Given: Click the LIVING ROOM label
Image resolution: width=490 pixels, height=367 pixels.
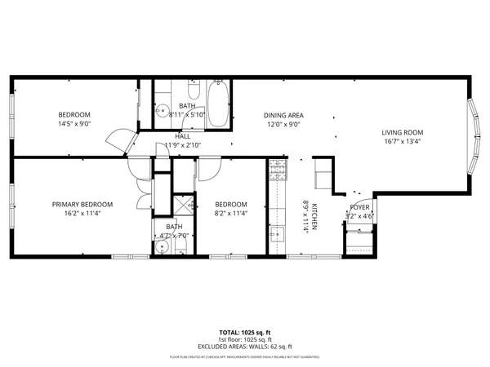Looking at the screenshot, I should [x=403, y=132].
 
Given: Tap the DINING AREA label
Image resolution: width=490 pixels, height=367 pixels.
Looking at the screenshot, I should [x=283, y=116].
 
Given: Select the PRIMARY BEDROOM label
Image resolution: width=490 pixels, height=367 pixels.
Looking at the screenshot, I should [x=82, y=204].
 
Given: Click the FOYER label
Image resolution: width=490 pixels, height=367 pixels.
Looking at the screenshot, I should [x=360, y=208].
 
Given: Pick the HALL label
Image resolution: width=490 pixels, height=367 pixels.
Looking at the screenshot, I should [x=183, y=136].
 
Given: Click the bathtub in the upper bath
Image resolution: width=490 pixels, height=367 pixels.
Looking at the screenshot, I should [x=219, y=104].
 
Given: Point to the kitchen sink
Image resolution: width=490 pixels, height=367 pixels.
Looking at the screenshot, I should [x=276, y=234].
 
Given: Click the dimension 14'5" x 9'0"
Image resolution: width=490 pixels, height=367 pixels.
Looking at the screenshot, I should [x=73, y=125].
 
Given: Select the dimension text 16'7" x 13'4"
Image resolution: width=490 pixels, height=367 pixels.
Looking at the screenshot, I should [x=403, y=141].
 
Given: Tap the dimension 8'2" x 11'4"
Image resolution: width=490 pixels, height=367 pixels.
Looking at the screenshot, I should [x=231, y=213].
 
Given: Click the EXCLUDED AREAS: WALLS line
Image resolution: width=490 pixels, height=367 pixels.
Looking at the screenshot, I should [x=244, y=347].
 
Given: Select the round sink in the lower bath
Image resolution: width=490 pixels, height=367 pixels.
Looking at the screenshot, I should [x=160, y=246].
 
